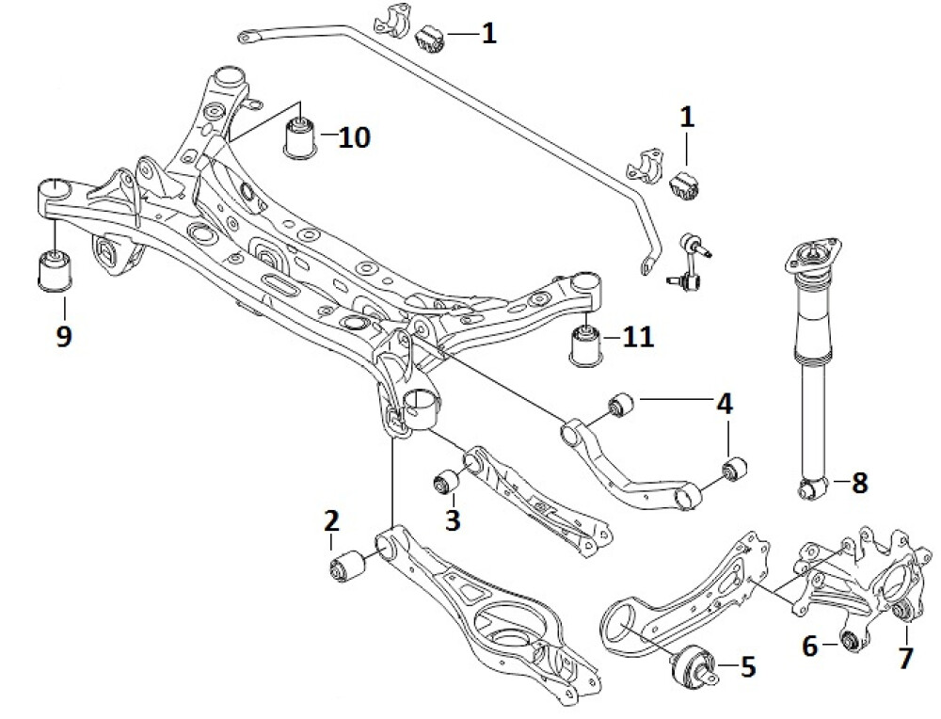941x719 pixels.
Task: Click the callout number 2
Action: coord(330,519)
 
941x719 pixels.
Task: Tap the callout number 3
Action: coord(453,519)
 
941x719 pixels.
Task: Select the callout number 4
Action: coord(723,405)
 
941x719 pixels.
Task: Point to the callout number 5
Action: coord(748,667)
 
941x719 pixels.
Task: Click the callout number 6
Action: coord(809,647)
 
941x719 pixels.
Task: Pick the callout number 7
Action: coord(905,657)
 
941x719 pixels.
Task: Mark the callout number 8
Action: coord(859,484)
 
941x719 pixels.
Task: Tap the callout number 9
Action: coord(63,336)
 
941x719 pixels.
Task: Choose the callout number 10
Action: coord(355,137)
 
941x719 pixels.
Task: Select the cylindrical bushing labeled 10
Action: coord(301,137)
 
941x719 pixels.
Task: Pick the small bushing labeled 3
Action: coord(445,483)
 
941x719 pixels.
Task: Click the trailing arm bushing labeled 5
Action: coord(694,663)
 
